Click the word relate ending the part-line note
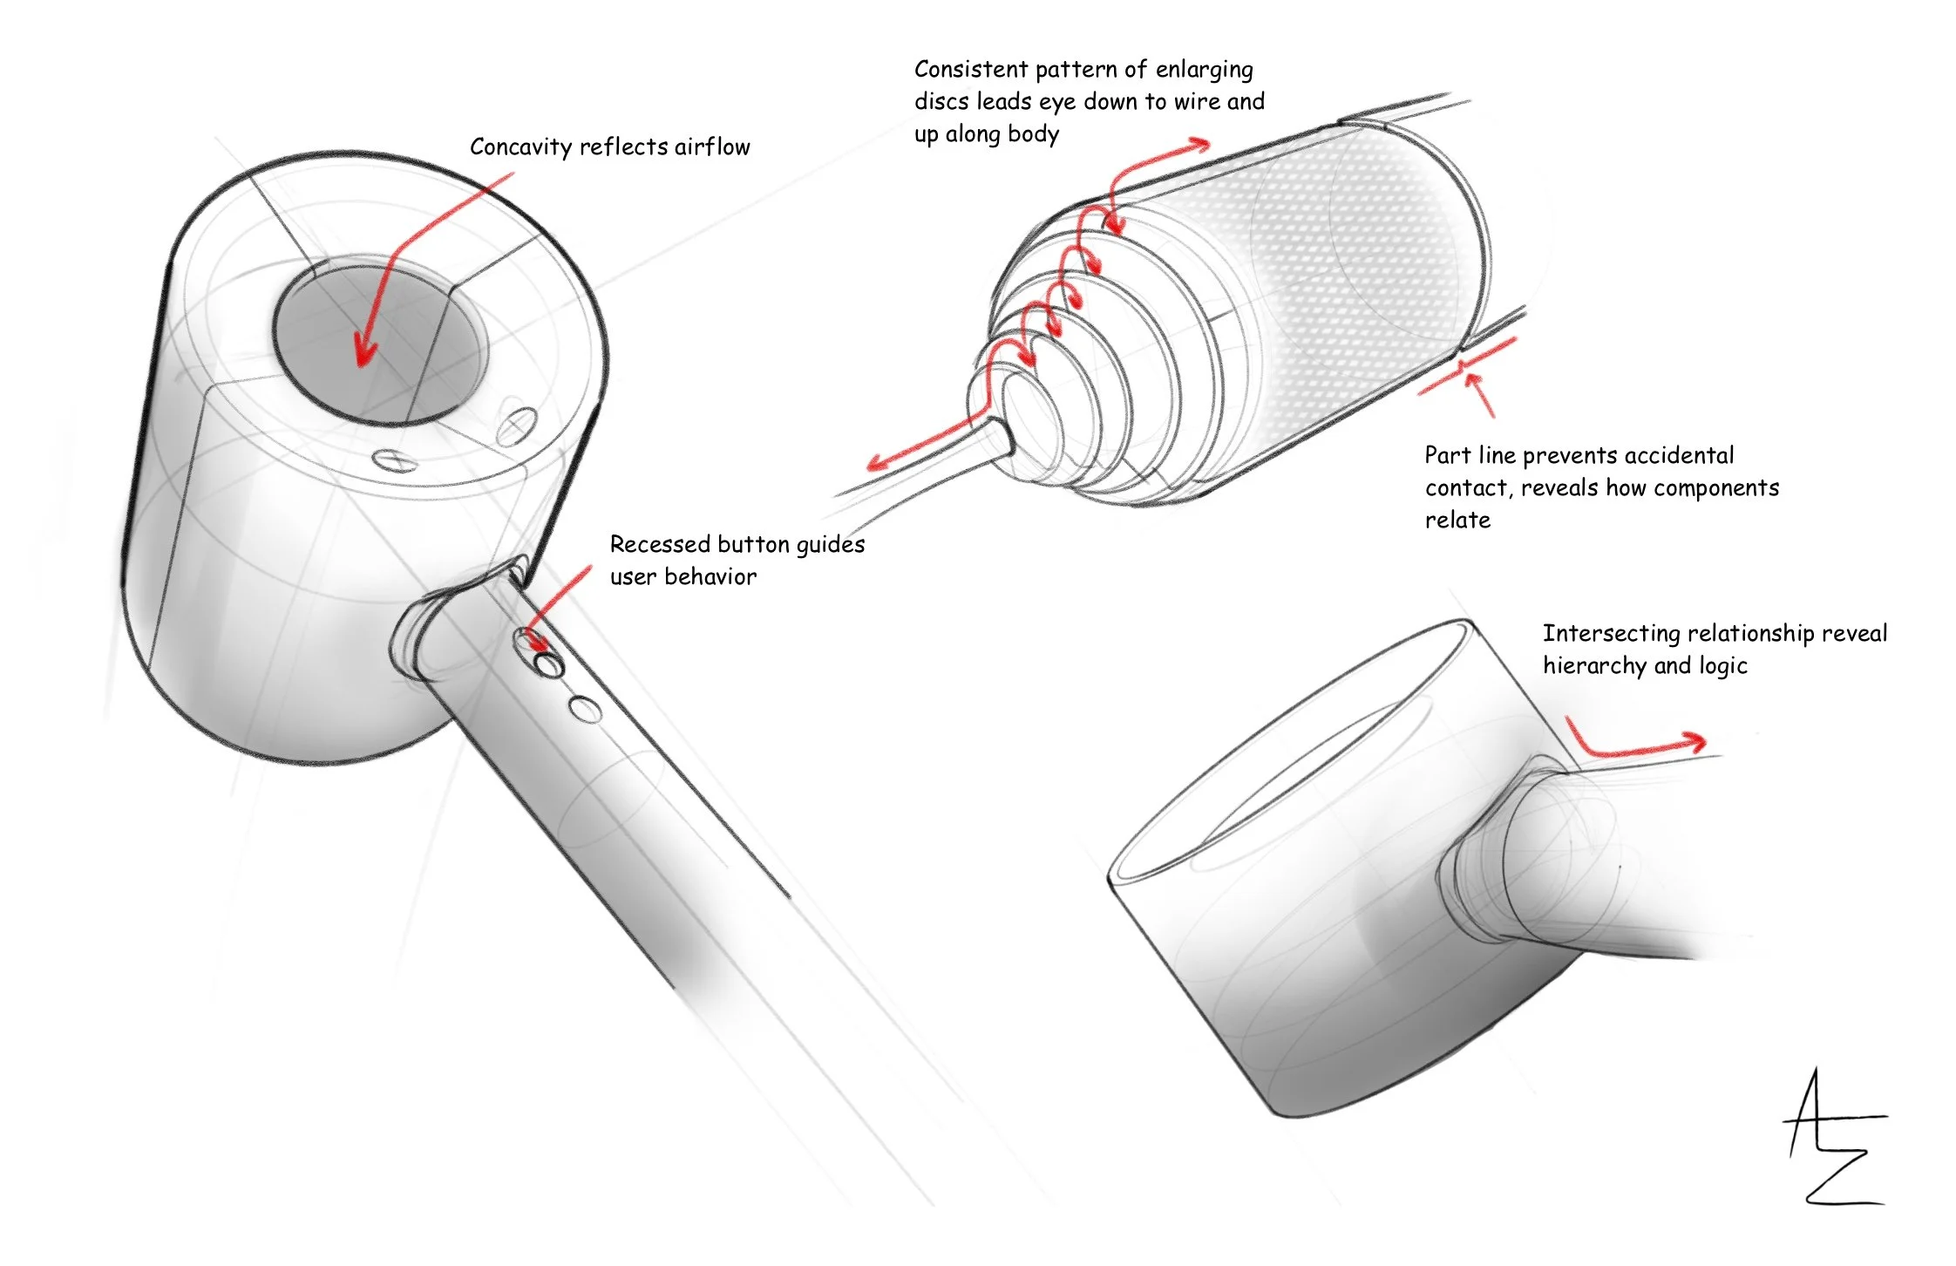(x=1457, y=521)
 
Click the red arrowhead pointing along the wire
(x=877, y=461)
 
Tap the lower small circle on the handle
(x=586, y=709)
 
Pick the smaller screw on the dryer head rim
(x=390, y=459)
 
